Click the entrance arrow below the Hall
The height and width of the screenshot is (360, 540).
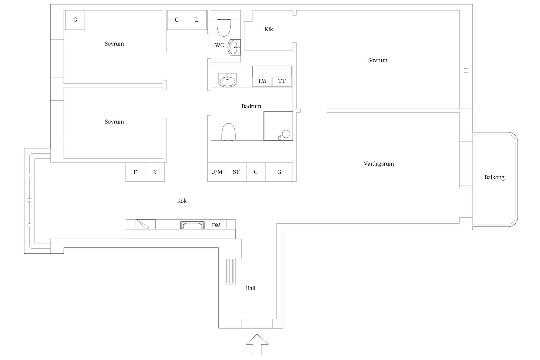[x=257, y=345]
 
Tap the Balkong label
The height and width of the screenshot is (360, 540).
[x=494, y=177]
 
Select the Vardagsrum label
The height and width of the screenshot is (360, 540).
[x=379, y=164]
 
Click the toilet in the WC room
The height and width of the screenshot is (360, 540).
[x=224, y=28]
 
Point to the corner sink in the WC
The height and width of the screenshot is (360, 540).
[x=234, y=47]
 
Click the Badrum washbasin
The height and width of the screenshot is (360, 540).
[x=227, y=80]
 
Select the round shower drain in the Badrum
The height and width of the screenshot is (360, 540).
[x=286, y=134]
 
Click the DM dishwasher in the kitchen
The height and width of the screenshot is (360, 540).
[x=216, y=224]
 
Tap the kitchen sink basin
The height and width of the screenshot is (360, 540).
[x=193, y=225]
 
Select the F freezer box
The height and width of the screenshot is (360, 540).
[x=135, y=172]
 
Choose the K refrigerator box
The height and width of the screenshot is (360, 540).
[x=155, y=172]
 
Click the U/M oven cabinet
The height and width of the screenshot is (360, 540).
[x=217, y=172]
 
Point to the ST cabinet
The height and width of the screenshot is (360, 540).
[x=237, y=172]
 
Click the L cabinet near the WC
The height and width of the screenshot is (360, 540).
[x=197, y=20]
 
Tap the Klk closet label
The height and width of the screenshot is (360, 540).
[x=269, y=29]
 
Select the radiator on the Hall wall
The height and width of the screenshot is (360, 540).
[x=230, y=271]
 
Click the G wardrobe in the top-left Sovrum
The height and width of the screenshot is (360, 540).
[x=75, y=20]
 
